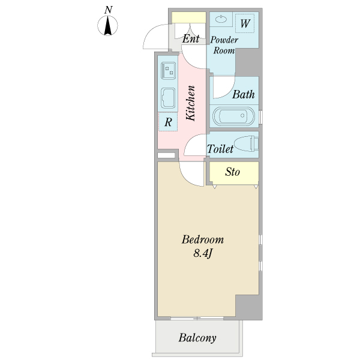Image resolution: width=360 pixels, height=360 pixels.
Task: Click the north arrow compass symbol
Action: point(107,25)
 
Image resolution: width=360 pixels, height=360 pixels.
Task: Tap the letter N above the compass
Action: point(108,10)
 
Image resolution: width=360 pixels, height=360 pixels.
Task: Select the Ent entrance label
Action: point(191,38)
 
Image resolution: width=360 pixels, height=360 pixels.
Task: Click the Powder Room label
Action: point(224,45)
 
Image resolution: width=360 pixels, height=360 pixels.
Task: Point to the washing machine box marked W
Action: point(245,23)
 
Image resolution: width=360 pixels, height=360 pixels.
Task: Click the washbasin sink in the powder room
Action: point(221,19)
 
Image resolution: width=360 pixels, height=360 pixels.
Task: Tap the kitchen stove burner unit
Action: point(168,70)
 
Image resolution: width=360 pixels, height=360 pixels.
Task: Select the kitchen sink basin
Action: point(168,98)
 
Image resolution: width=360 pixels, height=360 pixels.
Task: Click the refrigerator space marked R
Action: point(168,122)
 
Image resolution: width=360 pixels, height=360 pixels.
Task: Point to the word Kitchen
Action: point(191,103)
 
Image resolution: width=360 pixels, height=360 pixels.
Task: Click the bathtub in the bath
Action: point(234,116)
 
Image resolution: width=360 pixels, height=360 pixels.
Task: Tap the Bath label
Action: point(244,94)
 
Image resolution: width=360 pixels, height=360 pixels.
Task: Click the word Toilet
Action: point(220,149)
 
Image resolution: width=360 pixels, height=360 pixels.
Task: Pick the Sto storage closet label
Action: point(233,172)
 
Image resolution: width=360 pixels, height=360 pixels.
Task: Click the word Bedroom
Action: point(203,239)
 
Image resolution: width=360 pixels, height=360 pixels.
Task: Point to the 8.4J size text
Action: point(203,253)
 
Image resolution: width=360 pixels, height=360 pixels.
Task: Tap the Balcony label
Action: point(197,338)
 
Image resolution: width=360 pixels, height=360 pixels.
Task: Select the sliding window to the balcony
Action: point(197,318)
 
